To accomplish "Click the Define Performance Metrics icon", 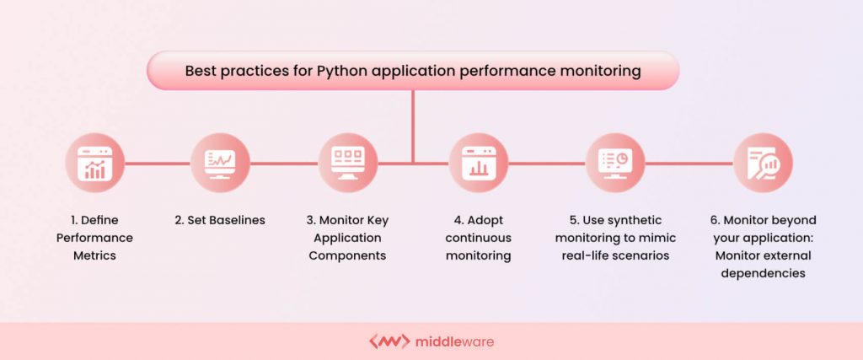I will [x=94, y=163].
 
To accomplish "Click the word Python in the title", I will [x=344, y=72].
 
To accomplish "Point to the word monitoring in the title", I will [x=599, y=72].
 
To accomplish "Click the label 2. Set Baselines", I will [x=220, y=220].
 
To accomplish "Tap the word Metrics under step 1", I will [x=94, y=255].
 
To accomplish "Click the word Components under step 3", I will [x=348, y=255].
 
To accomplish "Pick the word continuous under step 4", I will [x=478, y=238].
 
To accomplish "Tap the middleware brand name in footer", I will [x=455, y=341].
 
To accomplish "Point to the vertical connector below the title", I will [x=413, y=126].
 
